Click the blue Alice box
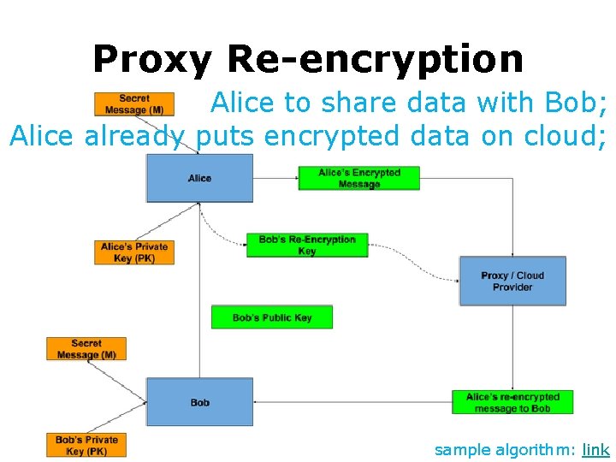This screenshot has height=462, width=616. pos(199,178)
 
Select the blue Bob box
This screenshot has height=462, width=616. pos(199,402)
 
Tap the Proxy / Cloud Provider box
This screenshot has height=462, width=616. pos(512,281)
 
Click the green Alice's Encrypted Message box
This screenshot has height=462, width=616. pos(358,178)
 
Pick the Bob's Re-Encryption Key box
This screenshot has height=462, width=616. pos(306,246)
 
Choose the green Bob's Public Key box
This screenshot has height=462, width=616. pos(271,317)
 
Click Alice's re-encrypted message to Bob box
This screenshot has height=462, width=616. pos(512,402)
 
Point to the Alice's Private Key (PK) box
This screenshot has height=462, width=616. pos(134,252)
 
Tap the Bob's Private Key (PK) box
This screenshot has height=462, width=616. pos(86,445)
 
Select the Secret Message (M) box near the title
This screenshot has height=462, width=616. pos(134,104)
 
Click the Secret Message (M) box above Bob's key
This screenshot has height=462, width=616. pos(86,349)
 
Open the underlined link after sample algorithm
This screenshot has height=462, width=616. pos(595,449)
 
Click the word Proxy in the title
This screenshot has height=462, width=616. pos(152,59)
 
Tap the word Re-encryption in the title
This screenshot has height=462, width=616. pos(375,59)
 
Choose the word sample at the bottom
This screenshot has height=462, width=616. pos(463,449)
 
